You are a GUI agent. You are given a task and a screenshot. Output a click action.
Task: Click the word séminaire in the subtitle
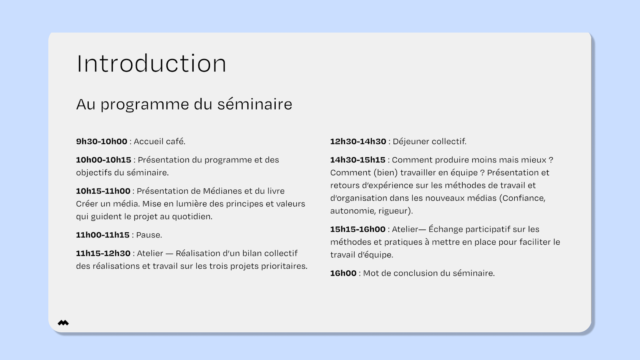(255, 104)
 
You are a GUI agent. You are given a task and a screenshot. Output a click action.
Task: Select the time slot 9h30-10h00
(102, 141)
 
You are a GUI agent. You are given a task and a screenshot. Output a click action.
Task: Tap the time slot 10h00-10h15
(104, 160)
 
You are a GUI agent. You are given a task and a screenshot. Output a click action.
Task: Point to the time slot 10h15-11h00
(103, 191)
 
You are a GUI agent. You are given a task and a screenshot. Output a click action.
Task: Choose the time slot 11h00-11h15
(103, 235)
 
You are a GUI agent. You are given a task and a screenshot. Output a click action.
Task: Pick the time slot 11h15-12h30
(103, 253)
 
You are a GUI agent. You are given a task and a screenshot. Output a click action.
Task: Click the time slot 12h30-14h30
(358, 141)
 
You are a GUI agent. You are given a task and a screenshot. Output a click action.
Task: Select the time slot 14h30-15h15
(358, 160)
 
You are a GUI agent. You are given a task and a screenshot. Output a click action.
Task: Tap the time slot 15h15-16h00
(358, 229)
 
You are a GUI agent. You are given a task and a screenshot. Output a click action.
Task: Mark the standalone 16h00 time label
(343, 273)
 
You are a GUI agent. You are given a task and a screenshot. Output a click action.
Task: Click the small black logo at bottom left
(63, 323)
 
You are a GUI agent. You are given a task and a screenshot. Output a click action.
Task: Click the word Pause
(149, 235)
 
